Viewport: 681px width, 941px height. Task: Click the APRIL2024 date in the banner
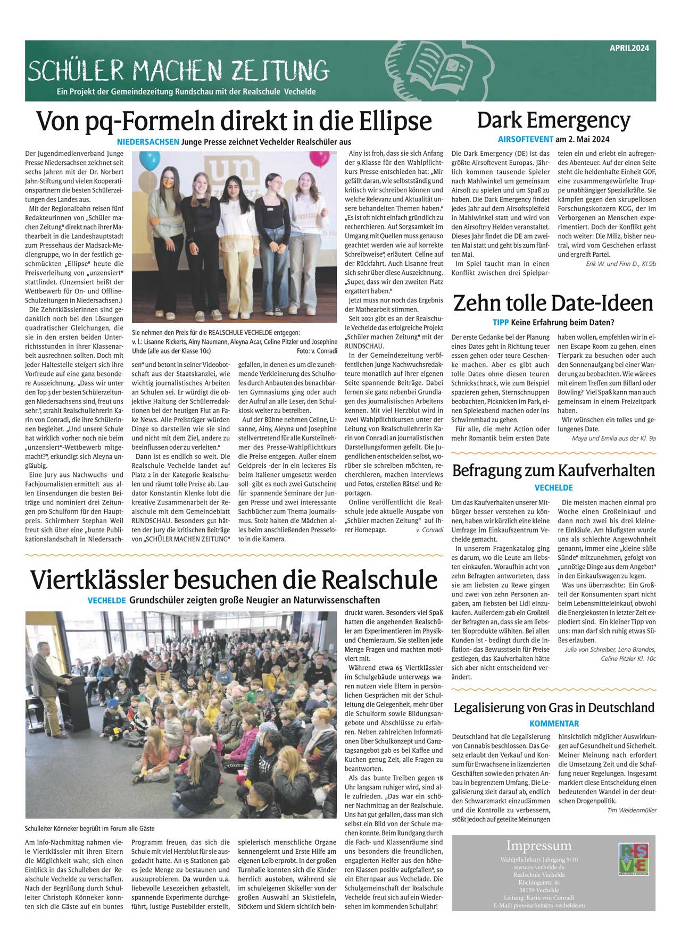[x=629, y=48]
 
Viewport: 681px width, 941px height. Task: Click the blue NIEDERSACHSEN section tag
[x=148, y=142]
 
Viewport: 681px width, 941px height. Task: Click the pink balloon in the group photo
[x=319, y=158]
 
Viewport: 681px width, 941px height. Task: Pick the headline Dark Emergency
[x=553, y=120]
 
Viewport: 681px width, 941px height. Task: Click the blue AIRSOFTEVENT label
[x=525, y=140]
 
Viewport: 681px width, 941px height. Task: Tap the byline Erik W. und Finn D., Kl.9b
[x=620, y=264]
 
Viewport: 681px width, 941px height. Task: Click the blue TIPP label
[x=500, y=322]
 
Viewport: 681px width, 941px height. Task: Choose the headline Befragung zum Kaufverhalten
[x=553, y=470]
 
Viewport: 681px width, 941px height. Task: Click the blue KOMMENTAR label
[x=554, y=724]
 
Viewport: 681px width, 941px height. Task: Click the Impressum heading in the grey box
[x=538, y=845]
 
